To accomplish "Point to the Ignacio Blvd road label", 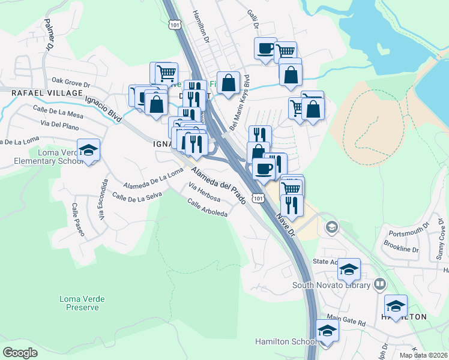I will [104, 110].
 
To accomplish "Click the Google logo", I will [20, 352].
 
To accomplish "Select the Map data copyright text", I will [423, 355].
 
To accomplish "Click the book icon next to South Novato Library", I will [379, 284].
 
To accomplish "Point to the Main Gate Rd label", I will [346, 322].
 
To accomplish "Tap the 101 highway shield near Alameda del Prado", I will [258, 198].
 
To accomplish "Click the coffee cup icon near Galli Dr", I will [265, 49].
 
